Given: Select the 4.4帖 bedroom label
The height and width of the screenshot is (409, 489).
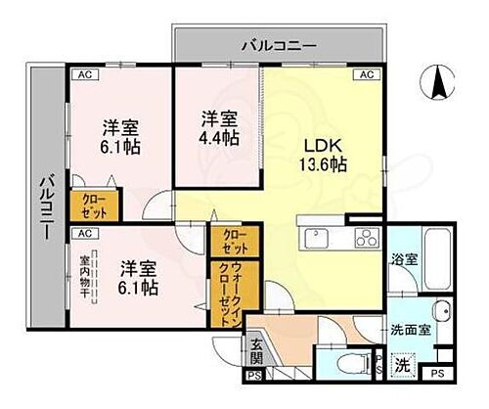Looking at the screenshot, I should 216,131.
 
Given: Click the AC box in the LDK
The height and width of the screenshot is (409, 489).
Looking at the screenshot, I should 368,74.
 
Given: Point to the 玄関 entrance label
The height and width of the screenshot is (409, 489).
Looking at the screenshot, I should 256,347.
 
